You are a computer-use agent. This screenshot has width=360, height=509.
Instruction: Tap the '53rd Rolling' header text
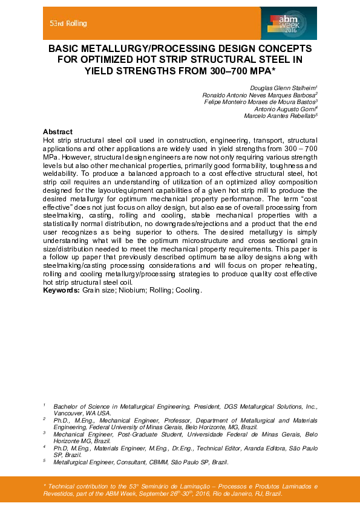tap(68, 24)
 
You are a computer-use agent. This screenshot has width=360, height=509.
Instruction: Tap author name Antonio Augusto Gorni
tap(292, 109)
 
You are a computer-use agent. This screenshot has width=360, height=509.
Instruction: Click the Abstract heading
tap(57, 132)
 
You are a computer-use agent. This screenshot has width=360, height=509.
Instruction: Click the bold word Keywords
tap(61, 291)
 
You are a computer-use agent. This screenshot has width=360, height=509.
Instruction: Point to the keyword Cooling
tap(188, 291)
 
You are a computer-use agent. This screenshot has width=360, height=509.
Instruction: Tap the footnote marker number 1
tap(44, 405)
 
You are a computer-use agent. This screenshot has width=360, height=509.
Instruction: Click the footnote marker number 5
tap(44, 461)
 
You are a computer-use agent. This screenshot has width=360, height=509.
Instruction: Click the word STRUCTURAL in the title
tap(226, 59)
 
